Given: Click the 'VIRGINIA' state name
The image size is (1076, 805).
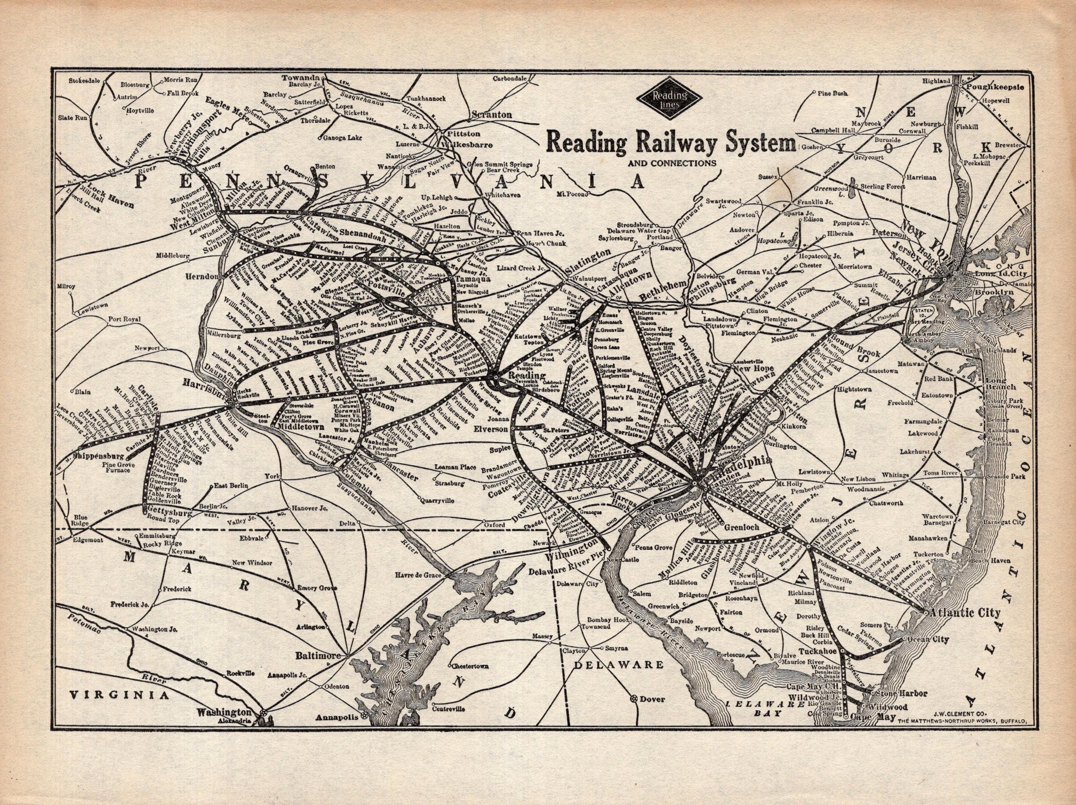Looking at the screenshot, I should [119, 696].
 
